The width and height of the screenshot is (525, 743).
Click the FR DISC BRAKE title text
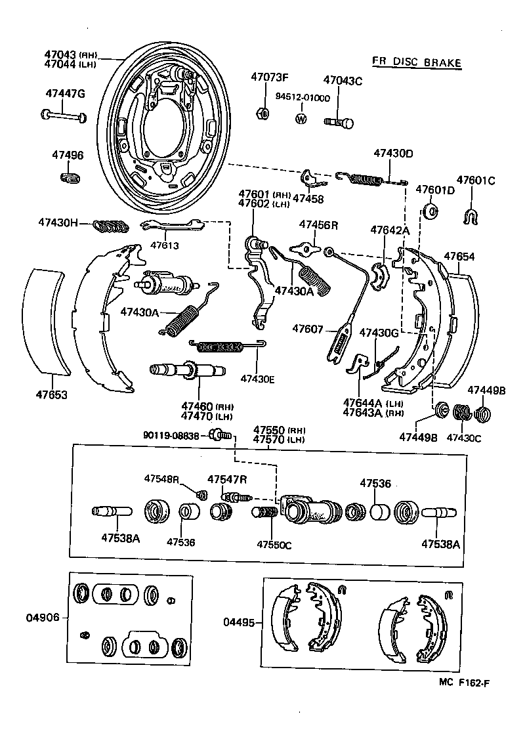coord(417,62)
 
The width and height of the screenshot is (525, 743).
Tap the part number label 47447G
coord(65,93)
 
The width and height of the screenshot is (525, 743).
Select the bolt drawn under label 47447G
coord(64,116)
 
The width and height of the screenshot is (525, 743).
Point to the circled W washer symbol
coord(301,119)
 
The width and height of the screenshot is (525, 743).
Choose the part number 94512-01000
coord(303,97)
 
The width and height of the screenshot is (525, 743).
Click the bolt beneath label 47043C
coord(338,121)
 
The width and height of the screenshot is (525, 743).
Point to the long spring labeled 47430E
coord(226,344)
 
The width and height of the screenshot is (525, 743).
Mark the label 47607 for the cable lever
coord(308,328)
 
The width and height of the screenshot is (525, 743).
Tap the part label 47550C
coord(273,544)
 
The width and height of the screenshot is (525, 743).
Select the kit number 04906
coord(43,618)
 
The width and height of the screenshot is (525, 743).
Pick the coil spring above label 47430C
coord(462,412)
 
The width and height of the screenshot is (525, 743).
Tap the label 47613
coord(164,245)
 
